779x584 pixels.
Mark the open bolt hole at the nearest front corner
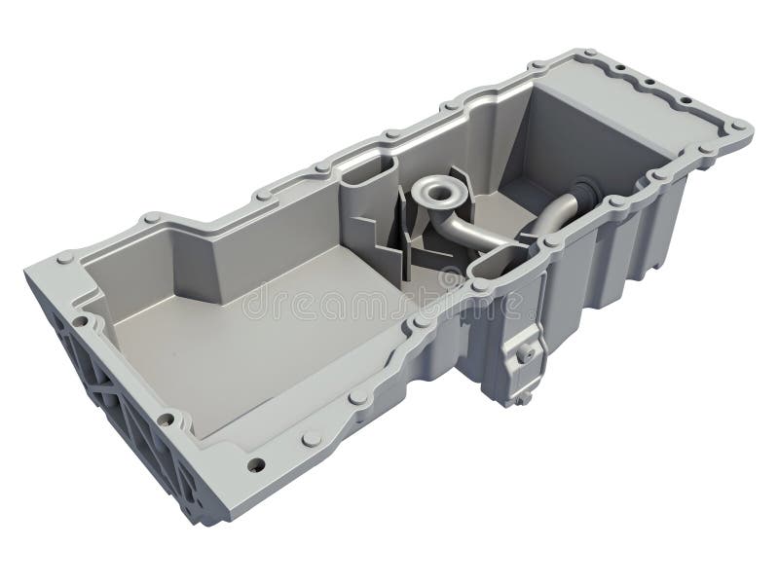[x=256, y=464]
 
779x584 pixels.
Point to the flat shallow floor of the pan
[x=243, y=341]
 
